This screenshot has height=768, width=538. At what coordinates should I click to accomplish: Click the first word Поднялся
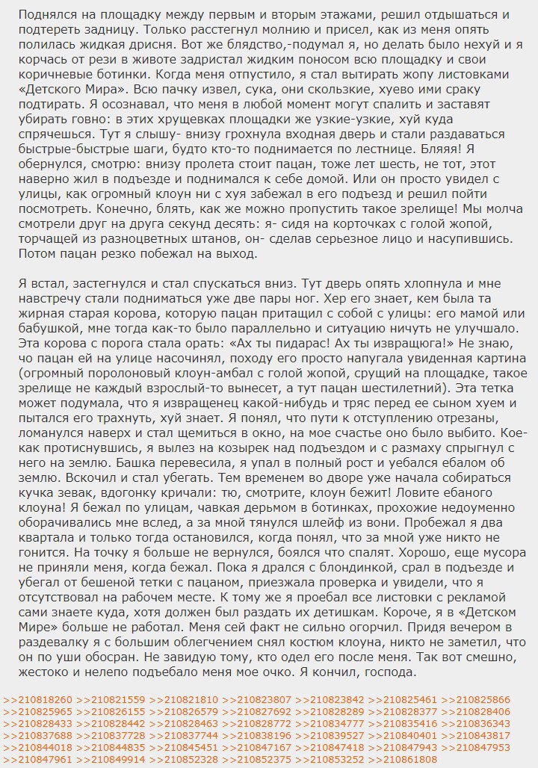pos(44,15)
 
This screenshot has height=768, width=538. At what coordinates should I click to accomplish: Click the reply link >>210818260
pos(38,699)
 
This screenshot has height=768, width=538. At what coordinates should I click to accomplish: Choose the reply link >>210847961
pos(38,759)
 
